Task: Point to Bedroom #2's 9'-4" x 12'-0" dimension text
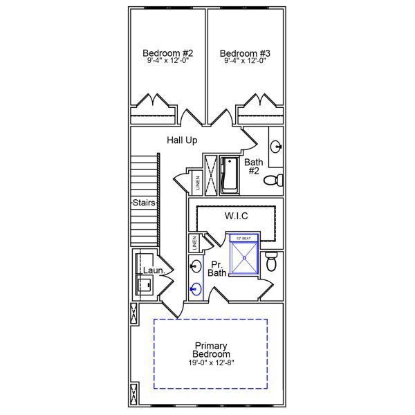point(168,61)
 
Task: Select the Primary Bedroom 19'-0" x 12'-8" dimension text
point(212,363)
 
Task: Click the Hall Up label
point(182,140)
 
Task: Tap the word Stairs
point(144,203)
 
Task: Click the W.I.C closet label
point(237,216)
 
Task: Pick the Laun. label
point(153,270)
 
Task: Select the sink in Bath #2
point(276,146)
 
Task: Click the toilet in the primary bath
point(272,262)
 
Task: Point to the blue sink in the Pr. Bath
point(196,290)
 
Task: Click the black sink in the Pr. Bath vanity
point(196,266)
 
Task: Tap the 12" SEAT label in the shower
point(242,238)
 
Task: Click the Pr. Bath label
point(218,268)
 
